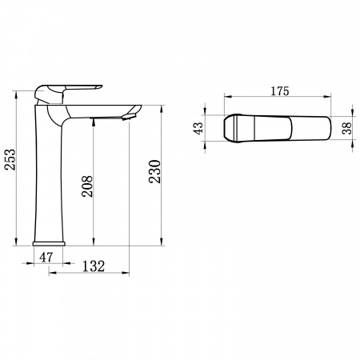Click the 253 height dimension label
pos(10,159)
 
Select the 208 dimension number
pos(87,186)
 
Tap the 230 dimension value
pos(155,171)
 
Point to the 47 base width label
pos(46,258)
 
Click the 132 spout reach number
pos(94,266)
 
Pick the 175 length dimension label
pos(280,91)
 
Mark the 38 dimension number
pos(347,128)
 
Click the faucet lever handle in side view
pos(68,94)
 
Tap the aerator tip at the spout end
pos(129,117)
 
